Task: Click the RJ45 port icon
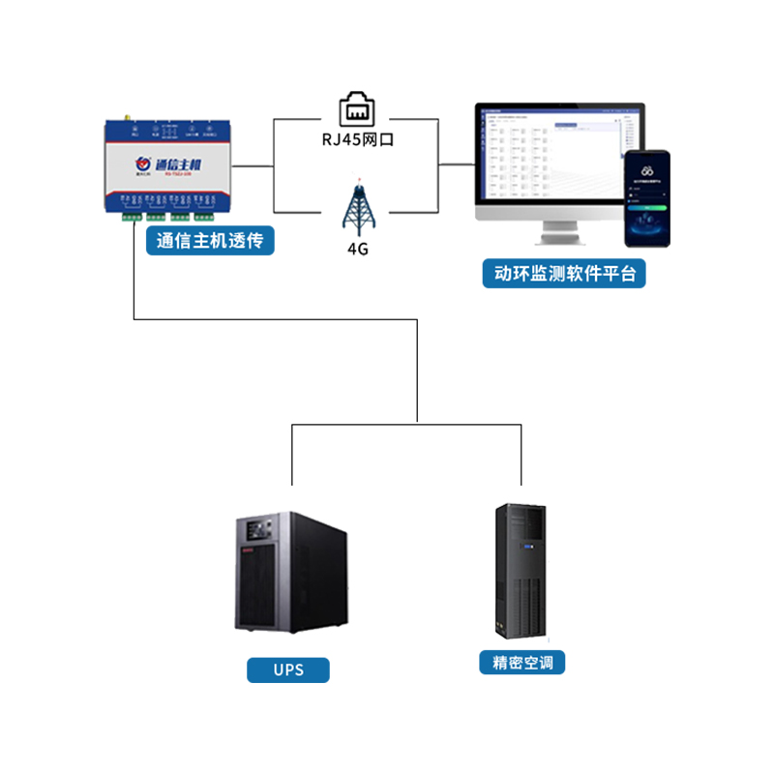click(x=357, y=108)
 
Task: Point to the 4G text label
click(x=357, y=249)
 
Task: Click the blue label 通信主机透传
click(x=210, y=241)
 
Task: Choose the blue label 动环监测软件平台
click(x=564, y=274)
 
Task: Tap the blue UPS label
click(x=288, y=670)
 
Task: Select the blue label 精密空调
click(x=521, y=663)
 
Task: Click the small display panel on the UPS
click(x=258, y=532)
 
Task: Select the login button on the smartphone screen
click(x=645, y=207)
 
